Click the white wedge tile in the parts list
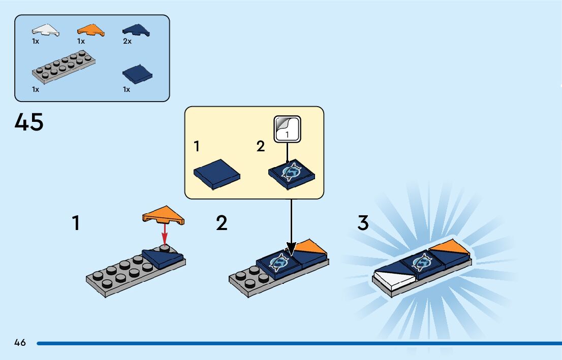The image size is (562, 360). click(x=45, y=30)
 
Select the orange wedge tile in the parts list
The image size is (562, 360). click(x=91, y=30)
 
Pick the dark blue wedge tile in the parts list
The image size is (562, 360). click(x=136, y=30)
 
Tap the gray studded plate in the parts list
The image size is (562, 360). click(x=64, y=67)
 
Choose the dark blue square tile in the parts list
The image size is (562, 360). click(x=138, y=74)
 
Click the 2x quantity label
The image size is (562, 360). click(x=127, y=42)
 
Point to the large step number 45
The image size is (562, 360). click(x=29, y=122)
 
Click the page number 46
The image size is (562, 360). click(x=20, y=343)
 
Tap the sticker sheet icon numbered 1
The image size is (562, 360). click(x=288, y=129)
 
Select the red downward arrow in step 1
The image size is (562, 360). click(x=165, y=234)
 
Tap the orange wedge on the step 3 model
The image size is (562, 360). click(x=450, y=248)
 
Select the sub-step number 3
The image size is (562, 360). click(x=363, y=223)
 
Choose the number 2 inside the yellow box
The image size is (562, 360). click(x=261, y=147)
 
